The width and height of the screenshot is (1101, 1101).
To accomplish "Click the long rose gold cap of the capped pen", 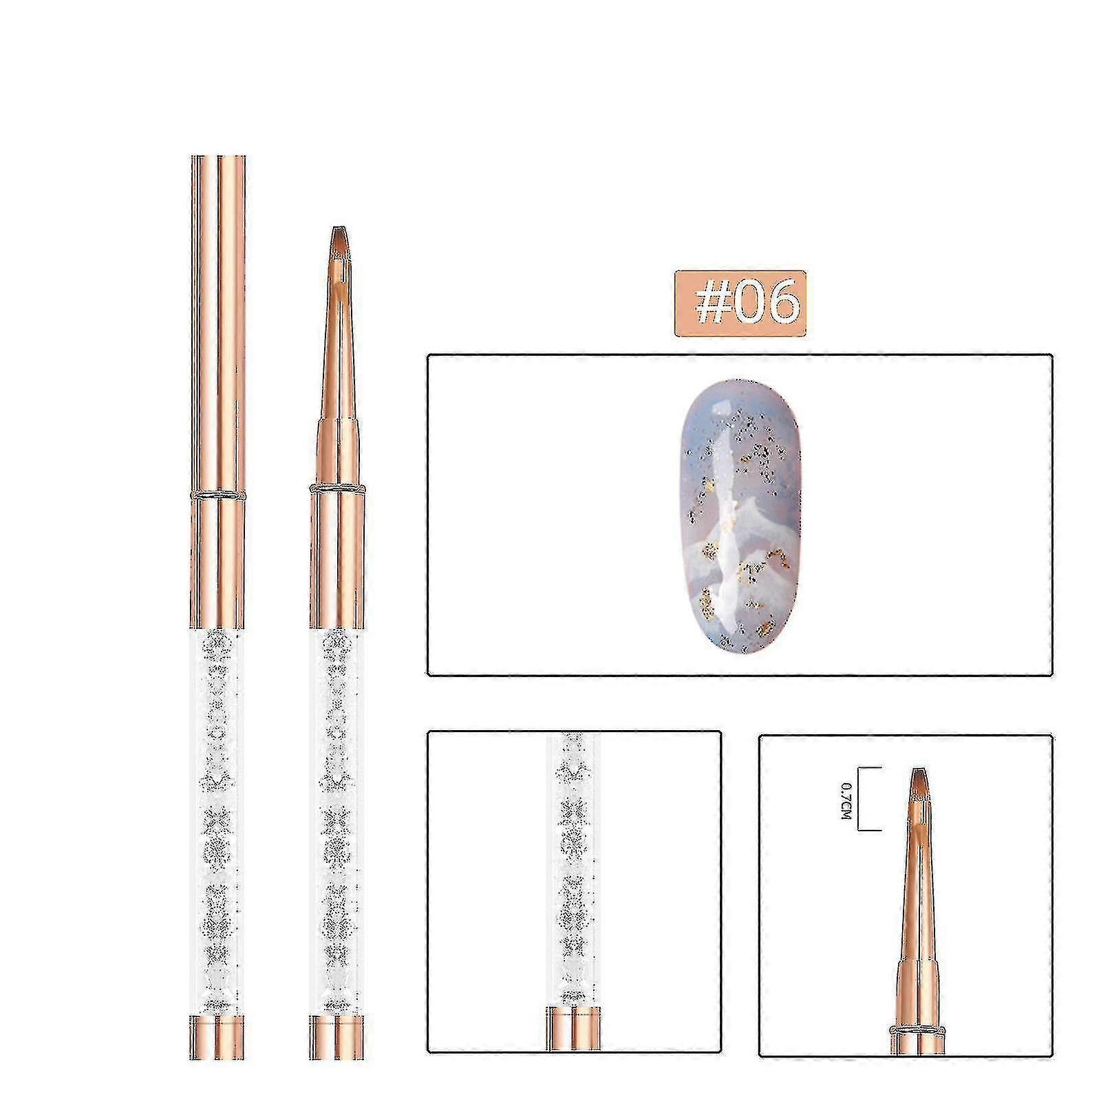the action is (x=217, y=323).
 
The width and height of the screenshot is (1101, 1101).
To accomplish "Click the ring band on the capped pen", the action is (x=217, y=494).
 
